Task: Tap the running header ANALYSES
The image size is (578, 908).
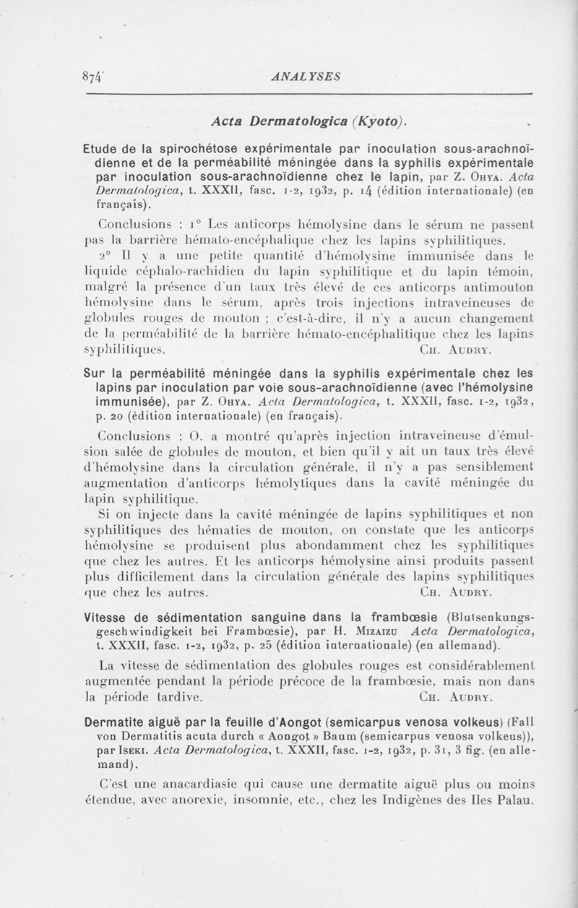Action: tap(304, 76)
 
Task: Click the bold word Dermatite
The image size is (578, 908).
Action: tap(115, 722)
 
